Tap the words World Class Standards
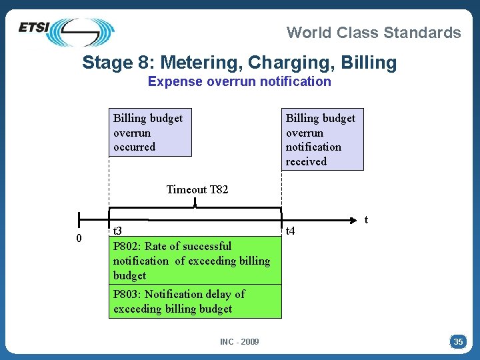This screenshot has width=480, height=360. pos(373,32)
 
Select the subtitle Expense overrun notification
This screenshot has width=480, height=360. pos(239,81)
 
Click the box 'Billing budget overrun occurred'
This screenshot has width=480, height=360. pos(150,132)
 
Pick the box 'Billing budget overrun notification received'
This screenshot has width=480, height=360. pos(322,139)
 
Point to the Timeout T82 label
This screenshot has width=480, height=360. pos(197,189)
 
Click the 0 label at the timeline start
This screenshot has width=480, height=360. pos(79,239)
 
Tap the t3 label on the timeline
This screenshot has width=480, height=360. pos(117,231)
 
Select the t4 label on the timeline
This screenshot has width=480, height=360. pos(290,232)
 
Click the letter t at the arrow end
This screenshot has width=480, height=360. pos(366,219)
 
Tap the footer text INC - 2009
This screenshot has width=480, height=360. pos(239,342)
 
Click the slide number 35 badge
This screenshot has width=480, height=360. pos(458,342)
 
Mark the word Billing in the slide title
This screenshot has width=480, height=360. pos(369,63)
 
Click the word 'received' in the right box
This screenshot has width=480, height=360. pos(306,161)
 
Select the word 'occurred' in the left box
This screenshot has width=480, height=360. pos(134,147)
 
